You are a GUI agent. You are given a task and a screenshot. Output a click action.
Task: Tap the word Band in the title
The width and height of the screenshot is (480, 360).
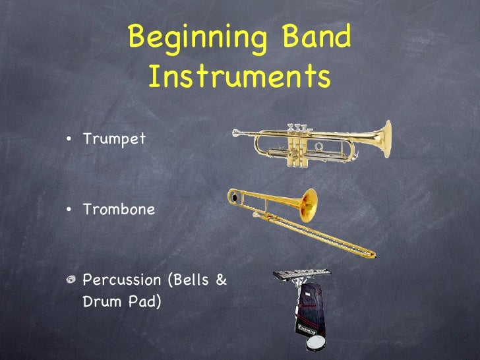click(315, 39)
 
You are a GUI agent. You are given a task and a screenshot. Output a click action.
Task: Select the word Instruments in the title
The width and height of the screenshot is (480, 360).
click(239, 78)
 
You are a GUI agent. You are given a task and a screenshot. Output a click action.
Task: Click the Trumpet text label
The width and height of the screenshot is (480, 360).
click(114, 140)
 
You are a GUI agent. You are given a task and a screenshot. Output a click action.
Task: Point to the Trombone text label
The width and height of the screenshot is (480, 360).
click(119, 210)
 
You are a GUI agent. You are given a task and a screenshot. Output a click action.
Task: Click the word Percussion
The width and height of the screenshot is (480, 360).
click(122, 280)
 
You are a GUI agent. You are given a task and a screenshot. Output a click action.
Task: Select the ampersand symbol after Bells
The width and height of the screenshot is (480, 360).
click(222, 280)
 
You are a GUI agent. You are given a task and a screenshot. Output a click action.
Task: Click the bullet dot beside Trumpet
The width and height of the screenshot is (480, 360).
click(69, 140)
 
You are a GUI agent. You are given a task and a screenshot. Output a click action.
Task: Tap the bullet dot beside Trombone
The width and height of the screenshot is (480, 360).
click(69, 210)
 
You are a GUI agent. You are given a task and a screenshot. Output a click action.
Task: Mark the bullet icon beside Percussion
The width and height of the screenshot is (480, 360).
click(70, 280)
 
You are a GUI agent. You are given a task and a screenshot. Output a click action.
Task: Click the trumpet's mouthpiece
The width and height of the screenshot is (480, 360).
click(236, 133)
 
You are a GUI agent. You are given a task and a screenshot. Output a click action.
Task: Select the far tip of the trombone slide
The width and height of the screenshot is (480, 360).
click(371, 255)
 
